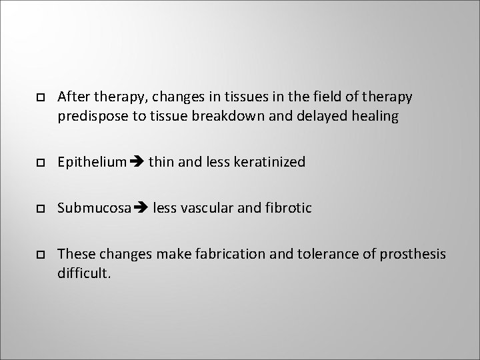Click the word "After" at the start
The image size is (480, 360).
click(x=72, y=97)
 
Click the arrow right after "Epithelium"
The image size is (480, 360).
click(x=136, y=162)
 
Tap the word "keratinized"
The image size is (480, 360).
click(x=270, y=162)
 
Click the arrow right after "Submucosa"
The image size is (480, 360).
click(x=140, y=208)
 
